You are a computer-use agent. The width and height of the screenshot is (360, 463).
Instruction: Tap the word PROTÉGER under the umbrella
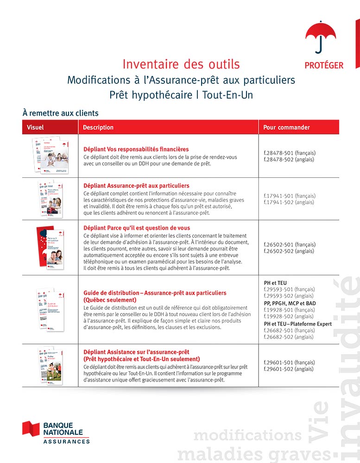point(324,65)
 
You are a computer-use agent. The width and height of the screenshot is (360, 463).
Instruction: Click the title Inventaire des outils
point(181,63)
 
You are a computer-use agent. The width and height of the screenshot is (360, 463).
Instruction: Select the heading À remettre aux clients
point(60,113)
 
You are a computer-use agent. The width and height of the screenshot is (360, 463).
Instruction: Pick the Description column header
point(98,127)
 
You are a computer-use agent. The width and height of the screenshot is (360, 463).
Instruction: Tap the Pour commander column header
point(286,127)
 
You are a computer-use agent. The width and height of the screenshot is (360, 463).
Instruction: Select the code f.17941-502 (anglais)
point(289,202)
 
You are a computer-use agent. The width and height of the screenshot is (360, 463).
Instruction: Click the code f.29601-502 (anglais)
point(289,369)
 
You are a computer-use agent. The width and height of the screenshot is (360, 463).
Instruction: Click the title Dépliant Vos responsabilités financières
point(136,149)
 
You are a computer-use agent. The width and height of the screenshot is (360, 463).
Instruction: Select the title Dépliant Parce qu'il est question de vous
point(136,228)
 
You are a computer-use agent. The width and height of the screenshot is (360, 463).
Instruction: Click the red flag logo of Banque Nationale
point(31,429)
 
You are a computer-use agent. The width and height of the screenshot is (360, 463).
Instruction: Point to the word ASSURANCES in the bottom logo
point(67,442)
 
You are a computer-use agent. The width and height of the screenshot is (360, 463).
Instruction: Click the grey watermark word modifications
point(247,436)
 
